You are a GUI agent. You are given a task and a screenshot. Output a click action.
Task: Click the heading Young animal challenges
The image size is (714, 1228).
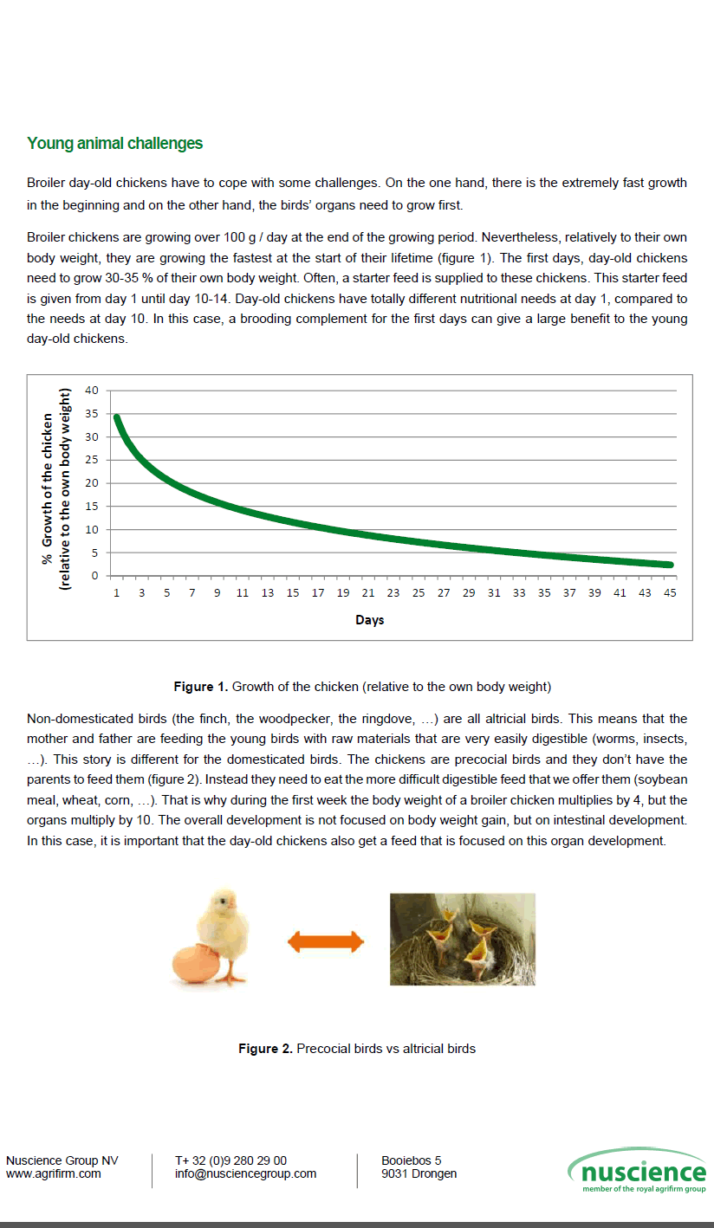coord(114,144)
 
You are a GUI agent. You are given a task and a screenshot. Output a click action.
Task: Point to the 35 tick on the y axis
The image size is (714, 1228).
coord(92,414)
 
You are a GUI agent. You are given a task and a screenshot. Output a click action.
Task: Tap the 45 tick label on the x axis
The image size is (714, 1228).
coord(670,592)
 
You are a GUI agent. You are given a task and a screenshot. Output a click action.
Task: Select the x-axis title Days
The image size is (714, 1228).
coord(369,620)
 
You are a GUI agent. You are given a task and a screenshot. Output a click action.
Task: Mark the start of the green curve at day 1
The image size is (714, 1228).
coord(116,417)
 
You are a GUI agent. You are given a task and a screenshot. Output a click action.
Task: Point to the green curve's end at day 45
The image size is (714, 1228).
coord(670,565)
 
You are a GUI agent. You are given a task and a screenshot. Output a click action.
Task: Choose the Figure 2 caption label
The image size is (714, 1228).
coord(265,1049)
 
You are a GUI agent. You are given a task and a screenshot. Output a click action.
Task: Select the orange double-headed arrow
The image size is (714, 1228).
coord(325,941)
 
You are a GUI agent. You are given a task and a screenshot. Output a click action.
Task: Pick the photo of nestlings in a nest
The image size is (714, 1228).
coord(462,940)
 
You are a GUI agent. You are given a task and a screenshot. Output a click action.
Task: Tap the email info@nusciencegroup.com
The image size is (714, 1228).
coord(245,1174)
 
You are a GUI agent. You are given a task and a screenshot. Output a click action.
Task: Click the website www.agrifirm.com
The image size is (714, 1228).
coord(54,1174)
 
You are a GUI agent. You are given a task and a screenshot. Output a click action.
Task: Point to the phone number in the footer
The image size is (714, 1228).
coord(230,1160)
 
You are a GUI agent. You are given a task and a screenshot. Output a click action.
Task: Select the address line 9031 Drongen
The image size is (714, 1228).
coord(419,1174)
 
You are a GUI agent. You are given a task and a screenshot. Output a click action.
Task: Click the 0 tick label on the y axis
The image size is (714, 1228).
coord(95,576)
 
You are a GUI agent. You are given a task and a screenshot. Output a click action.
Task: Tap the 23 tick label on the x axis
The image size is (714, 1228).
coord(393,592)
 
